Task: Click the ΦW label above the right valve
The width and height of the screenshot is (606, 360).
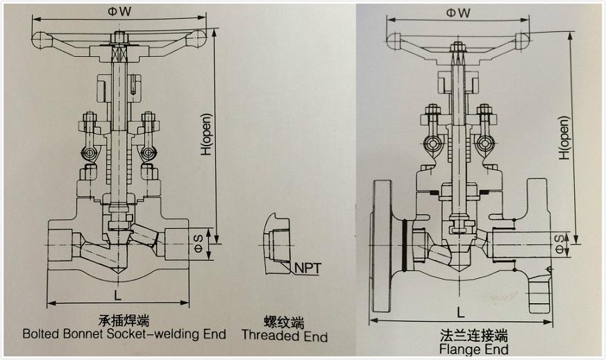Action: click(x=458, y=12)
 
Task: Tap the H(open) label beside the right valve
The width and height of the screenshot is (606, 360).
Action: click(x=564, y=137)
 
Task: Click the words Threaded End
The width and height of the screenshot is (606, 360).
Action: click(x=285, y=336)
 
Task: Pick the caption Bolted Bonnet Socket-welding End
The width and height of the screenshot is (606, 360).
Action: click(x=124, y=334)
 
